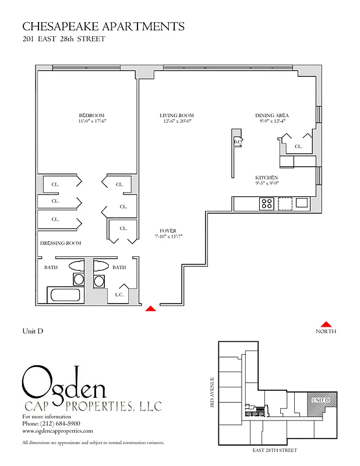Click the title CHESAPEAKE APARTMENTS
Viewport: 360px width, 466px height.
(103, 26)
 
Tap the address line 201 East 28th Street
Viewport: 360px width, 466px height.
(63, 40)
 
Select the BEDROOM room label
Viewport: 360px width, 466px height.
(91, 115)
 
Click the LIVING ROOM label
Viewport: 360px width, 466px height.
(177, 115)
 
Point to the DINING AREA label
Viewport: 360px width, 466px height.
(272, 115)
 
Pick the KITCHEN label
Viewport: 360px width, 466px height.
(266, 178)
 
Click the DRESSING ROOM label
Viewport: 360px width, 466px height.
(61, 243)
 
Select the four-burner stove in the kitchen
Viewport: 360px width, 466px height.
(266, 203)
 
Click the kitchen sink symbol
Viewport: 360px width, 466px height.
(301, 203)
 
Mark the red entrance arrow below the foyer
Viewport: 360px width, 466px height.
(150, 308)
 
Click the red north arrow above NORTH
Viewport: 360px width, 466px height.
(326, 324)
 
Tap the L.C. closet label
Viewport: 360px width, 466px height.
(119, 295)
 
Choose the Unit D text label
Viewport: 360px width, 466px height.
(33, 331)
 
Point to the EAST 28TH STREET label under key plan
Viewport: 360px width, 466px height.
(274, 450)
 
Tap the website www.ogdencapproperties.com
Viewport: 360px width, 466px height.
(57, 431)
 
